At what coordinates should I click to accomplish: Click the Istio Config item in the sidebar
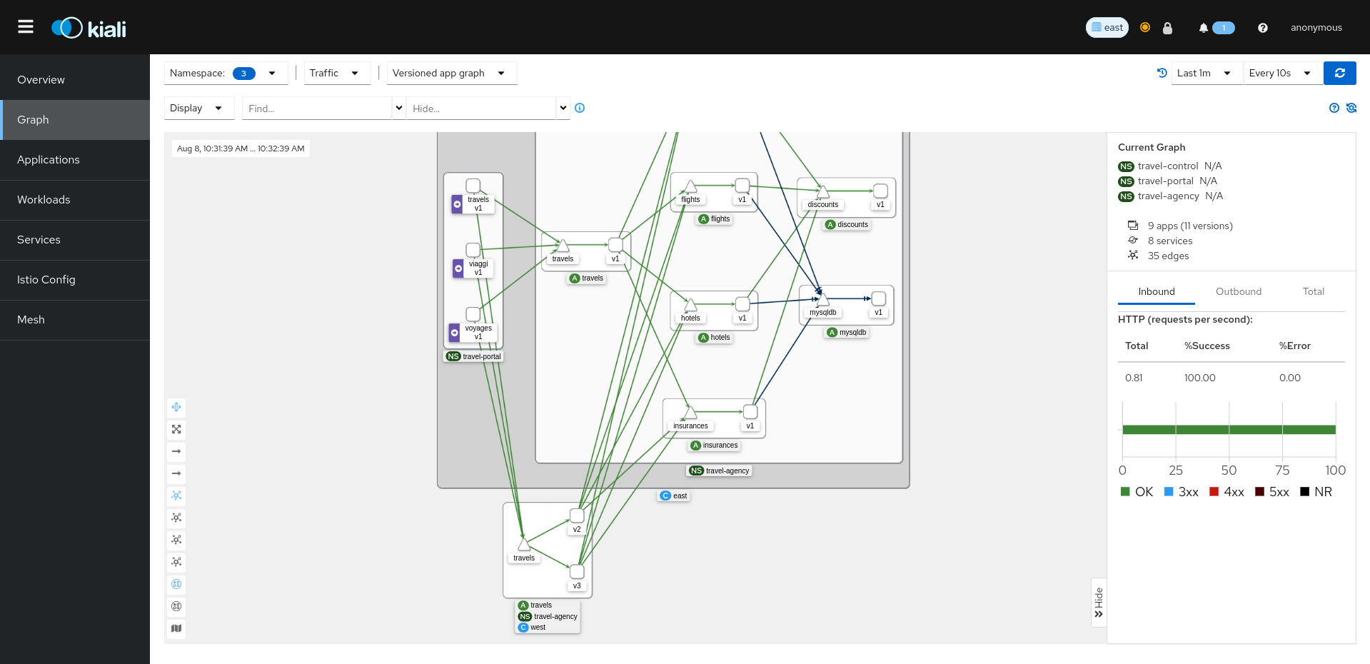pyautogui.click(x=46, y=280)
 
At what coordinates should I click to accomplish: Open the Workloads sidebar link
pyautogui.click(x=44, y=200)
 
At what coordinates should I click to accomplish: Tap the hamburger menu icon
pyautogui.click(x=26, y=27)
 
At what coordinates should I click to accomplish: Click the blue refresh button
pyautogui.click(x=1339, y=73)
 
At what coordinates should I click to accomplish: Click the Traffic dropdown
pyautogui.click(x=336, y=73)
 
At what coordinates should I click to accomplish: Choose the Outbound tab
pyautogui.click(x=1238, y=291)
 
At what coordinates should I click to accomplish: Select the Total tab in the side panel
pyautogui.click(x=1313, y=291)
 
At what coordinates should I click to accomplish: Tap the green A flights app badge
pyautogui.click(x=704, y=219)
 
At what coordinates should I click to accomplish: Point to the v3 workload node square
pyautogui.click(x=577, y=572)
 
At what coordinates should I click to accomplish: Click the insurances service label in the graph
pyautogui.click(x=690, y=426)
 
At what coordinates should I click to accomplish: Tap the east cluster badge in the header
pyautogui.click(x=1107, y=28)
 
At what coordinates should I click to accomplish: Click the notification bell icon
pyautogui.click(x=1204, y=28)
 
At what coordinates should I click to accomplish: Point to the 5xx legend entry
pyautogui.click(x=1272, y=492)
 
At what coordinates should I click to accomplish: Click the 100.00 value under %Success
pyautogui.click(x=1199, y=378)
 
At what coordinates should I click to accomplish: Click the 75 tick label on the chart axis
pyautogui.click(x=1282, y=471)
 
